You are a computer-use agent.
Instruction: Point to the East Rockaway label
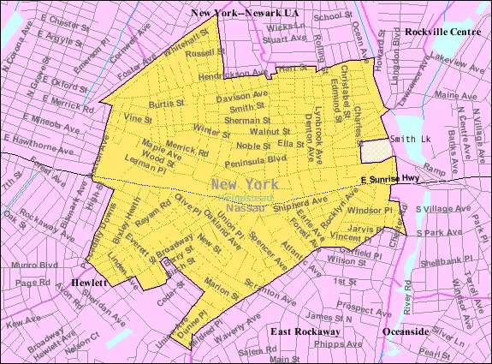pos(305,331)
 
